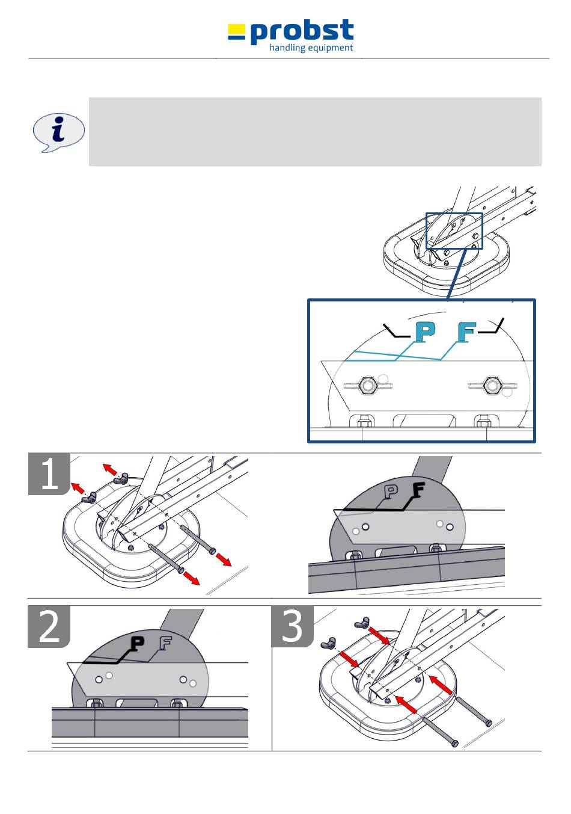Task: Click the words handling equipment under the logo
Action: pos(311,48)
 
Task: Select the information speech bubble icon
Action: pos(58,132)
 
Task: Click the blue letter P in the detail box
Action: pos(425,331)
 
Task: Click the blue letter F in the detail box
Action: pos(466,331)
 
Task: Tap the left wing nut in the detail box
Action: pos(367,385)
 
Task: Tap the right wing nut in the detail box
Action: pos(492,385)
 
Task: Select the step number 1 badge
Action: pos(49,474)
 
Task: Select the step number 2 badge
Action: pos(49,626)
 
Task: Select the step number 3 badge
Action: pos(292,626)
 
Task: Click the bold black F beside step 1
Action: pos(417,492)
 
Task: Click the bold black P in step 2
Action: pos(138,644)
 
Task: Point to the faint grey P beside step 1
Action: pos(391,492)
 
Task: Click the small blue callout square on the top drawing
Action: pos(454,230)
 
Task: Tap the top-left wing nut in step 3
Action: pos(361,622)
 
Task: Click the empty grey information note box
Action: pos(314,132)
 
